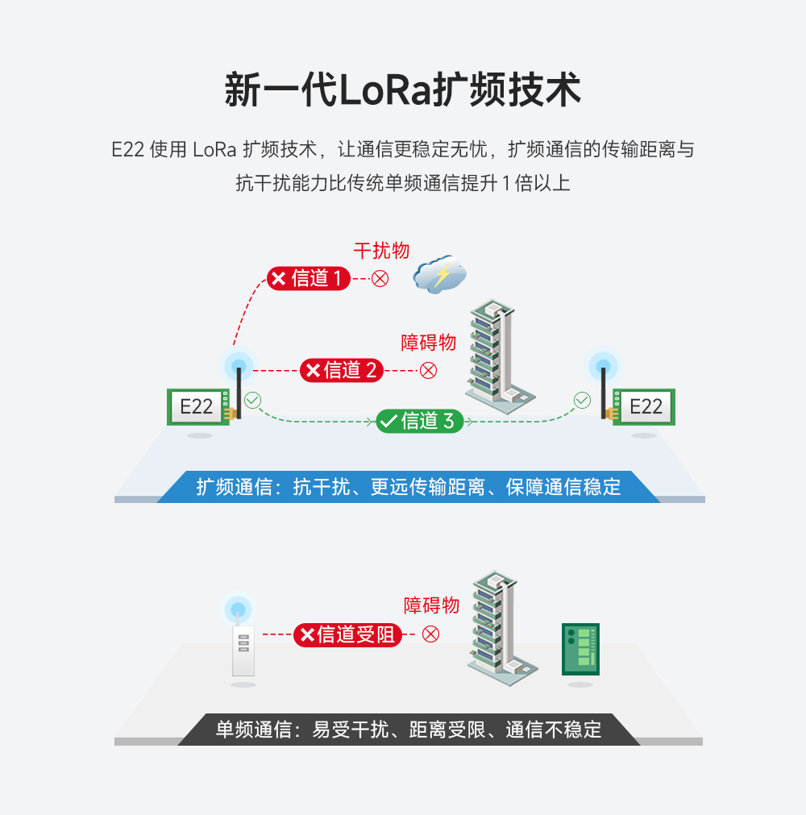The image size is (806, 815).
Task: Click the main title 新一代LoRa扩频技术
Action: coord(402,90)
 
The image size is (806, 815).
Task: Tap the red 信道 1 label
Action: coord(309,279)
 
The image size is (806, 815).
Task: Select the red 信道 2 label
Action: coord(341,370)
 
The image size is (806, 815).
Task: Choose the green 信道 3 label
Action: coord(419,421)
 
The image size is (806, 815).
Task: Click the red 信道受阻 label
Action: coord(347,634)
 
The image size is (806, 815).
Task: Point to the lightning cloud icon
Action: coord(440,275)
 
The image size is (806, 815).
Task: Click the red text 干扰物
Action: coord(381,251)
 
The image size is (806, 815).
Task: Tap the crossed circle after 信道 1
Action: coord(380,279)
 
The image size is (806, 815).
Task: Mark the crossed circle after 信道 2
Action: coord(429,370)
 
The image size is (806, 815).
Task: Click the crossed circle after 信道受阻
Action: coord(431,634)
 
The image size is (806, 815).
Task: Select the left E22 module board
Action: coord(197,406)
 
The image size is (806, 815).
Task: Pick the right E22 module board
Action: coord(644,406)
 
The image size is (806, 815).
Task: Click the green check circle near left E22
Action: coord(253,399)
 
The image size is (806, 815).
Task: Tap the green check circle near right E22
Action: coord(582,399)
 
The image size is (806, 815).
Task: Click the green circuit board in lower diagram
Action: coord(580,648)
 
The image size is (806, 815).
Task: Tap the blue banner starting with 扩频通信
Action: coord(409,487)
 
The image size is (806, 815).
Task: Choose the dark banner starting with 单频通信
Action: coord(409,730)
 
